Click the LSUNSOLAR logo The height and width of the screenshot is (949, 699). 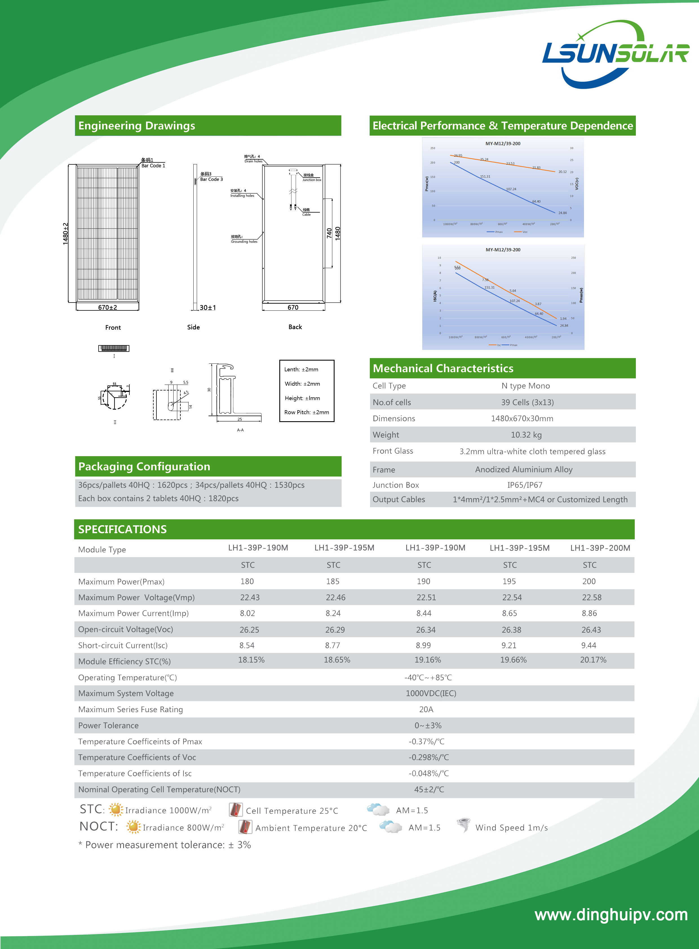(x=615, y=54)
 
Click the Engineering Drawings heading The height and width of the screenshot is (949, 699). (x=137, y=126)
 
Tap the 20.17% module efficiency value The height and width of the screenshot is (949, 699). (x=593, y=660)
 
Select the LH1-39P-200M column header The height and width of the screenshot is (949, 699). (x=600, y=548)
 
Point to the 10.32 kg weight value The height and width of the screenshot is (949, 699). (x=526, y=435)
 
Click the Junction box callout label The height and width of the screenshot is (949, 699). (x=312, y=180)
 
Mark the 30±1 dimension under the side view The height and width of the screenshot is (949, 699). (x=208, y=307)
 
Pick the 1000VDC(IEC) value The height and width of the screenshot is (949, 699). (x=431, y=693)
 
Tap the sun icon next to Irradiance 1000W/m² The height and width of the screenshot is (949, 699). (x=116, y=809)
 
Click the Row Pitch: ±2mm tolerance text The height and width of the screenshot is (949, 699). (x=306, y=412)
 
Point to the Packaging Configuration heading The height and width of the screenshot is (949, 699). (x=144, y=466)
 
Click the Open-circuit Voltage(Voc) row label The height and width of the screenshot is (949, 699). (x=126, y=629)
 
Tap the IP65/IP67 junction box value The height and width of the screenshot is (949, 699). (x=525, y=485)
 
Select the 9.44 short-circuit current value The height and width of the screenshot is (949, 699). (x=589, y=646)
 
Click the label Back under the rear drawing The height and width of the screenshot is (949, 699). (x=295, y=327)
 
